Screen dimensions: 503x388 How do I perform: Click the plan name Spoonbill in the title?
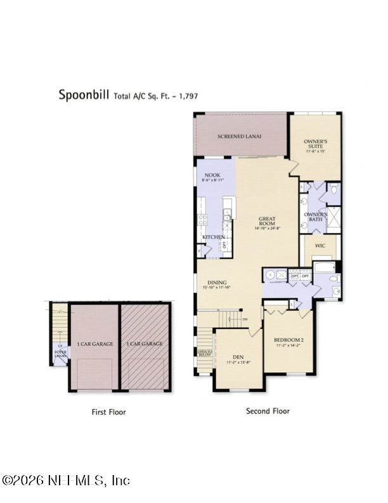click(84, 95)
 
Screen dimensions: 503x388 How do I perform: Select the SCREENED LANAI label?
click(240, 137)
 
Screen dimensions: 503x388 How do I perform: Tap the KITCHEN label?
click(214, 237)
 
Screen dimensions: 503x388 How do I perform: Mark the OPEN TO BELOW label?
click(205, 353)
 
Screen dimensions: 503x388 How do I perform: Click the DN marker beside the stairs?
click(245, 319)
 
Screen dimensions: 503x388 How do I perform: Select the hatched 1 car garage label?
click(146, 344)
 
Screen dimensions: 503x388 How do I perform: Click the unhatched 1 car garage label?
click(95, 344)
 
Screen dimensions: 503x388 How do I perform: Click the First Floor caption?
click(108, 412)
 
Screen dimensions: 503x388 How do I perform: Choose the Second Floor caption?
click(268, 412)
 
